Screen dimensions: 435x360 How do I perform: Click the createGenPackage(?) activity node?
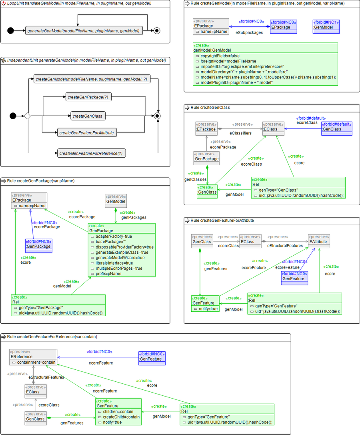coord(88,97)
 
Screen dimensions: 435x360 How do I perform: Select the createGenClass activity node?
coord(88,116)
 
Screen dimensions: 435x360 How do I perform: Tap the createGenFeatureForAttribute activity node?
coord(87,132)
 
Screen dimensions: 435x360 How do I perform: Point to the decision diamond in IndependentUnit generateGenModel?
coord(27,116)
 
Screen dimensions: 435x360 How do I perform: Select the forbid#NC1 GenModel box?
coord(326,25)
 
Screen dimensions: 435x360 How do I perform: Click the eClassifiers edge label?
coord(240,133)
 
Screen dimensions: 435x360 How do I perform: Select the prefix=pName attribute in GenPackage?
coord(108,274)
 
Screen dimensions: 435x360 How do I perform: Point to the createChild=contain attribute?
coord(118,417)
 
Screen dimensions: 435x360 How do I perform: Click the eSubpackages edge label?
coord(249,32)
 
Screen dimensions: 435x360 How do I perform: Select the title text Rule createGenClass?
coord(210,108)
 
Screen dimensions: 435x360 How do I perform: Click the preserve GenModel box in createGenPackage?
coord(116,199)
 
